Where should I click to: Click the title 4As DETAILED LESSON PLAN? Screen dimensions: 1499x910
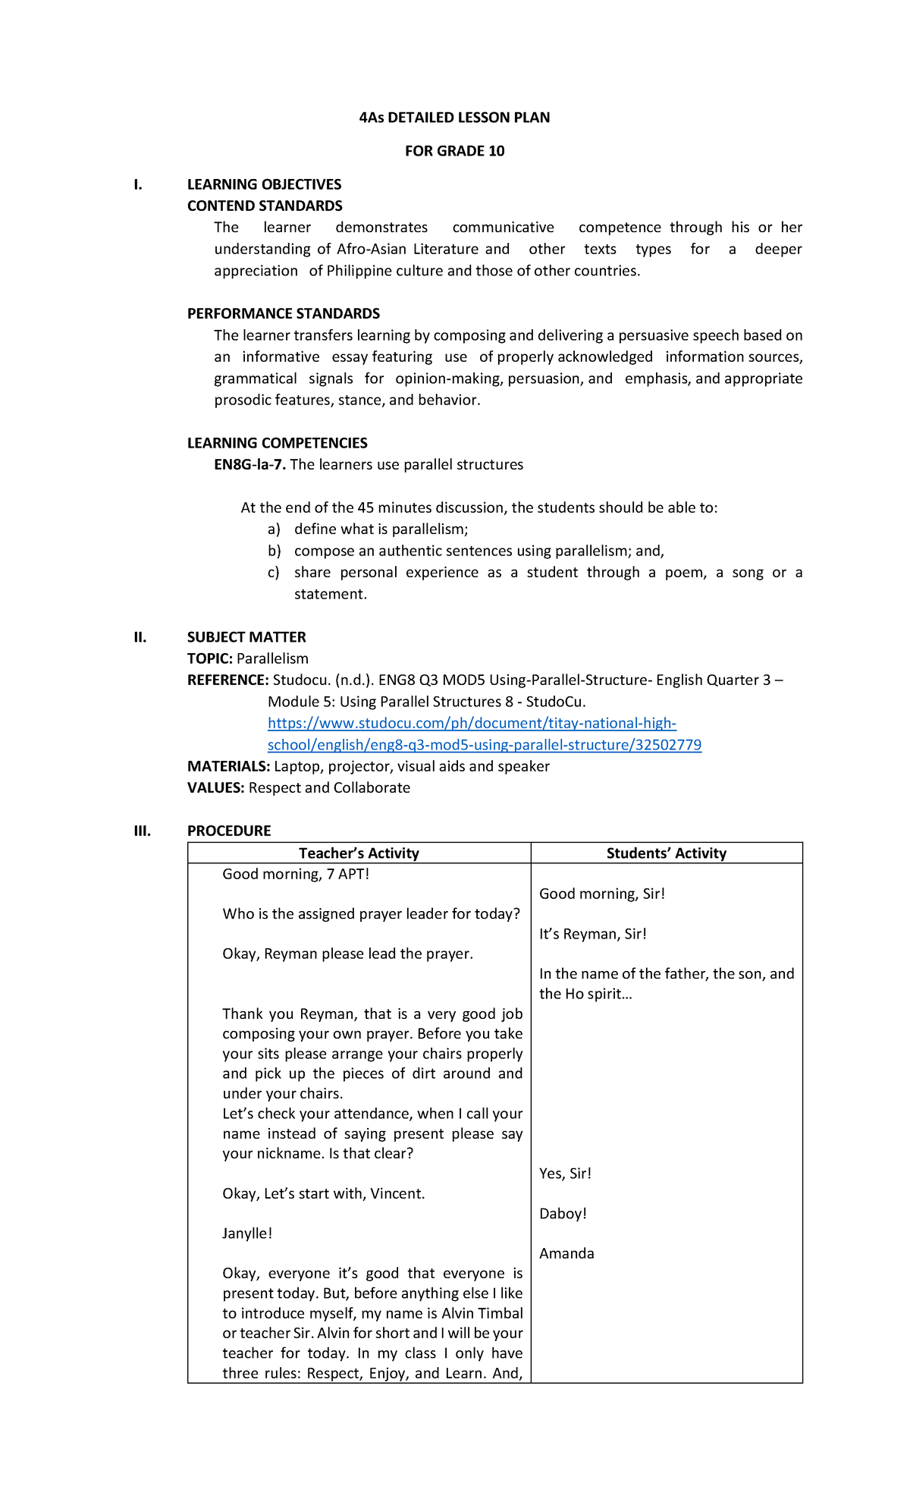[454, 118]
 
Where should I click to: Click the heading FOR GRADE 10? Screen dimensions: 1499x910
[454, 151]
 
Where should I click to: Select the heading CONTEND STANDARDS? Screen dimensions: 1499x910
[265, 206]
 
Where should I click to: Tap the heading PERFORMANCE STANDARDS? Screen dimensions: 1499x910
[284, 313]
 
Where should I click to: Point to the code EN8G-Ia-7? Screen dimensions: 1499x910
[249, 464]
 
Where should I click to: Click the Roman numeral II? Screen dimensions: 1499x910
[140, 637]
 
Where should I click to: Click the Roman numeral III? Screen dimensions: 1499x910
[142, 831]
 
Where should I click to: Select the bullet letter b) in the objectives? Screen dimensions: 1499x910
[274, 551]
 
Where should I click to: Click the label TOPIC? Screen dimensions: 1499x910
[210, 658]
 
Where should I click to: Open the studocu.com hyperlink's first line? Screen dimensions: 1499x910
[472, 724]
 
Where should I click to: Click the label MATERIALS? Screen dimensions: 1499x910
[228, 766]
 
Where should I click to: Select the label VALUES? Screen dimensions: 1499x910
[216, 787]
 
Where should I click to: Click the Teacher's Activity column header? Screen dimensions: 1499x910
[359, 853]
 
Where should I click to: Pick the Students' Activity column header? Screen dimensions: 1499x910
[666, 853]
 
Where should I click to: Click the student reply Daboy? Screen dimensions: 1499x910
[563, 1213]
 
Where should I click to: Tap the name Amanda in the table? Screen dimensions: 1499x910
[566, 1253]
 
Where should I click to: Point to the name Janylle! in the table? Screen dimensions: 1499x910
[247, 1233]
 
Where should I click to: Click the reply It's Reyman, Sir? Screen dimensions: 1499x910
[592, 934]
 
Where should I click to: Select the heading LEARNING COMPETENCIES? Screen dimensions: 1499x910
[278, 443]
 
